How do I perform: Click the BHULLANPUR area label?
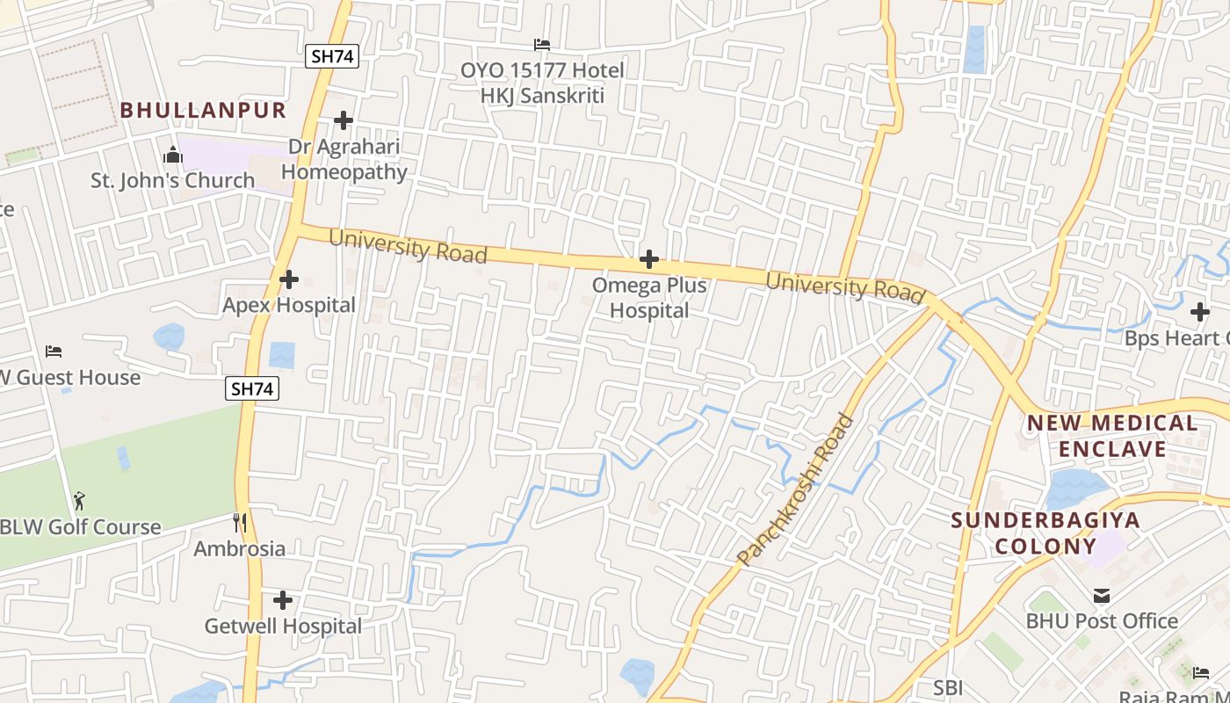click(x=203, y=110)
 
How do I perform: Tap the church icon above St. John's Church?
click(x=173, y=156)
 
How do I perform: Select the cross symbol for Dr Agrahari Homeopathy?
click(x=344, y=120)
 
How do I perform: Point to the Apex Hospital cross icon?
click(x=289, y=280)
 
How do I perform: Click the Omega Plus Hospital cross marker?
click(x=649, y=259)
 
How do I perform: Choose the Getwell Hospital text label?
click(x=283, y=627)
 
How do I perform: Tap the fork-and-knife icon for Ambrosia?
click(x=240, y=523)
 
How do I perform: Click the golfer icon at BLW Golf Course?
click(x=80, y=501)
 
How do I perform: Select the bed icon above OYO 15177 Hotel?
click(x=542, y=45)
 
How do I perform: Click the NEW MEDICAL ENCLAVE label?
click(x=1112, y=436)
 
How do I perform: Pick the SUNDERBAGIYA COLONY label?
click(x=1045, y=533)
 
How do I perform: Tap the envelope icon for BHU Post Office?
click(x=1102, y=596)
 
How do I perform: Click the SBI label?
click(x=948, y=688)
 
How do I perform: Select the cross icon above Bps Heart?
click(x=1200, y=312)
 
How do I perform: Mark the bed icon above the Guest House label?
click(x=54, y=351)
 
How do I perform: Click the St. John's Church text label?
click(x=173, y=180)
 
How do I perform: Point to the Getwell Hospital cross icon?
click(x=283, y=601)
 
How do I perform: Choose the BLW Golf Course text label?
click(x=81, y=527)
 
